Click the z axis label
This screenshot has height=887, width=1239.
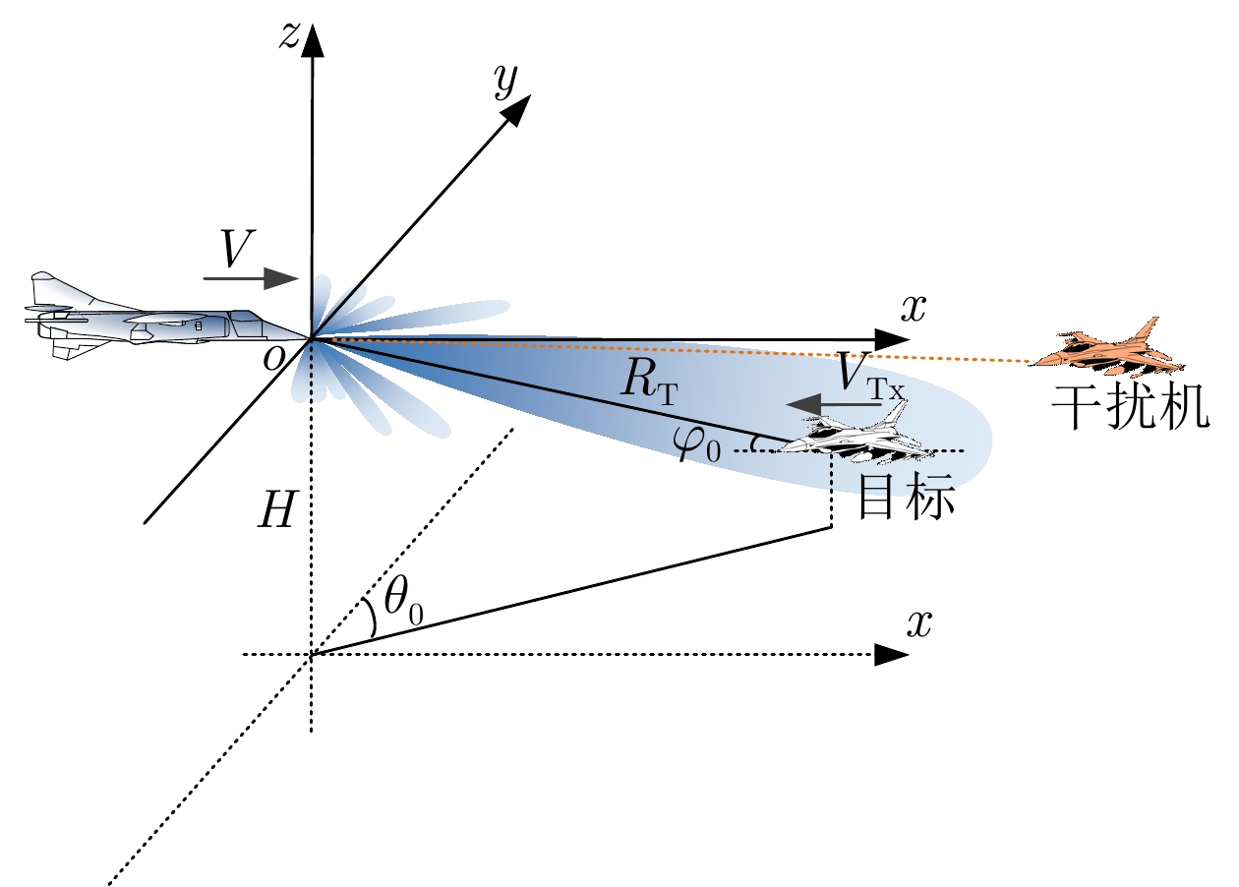[x=288, y=34]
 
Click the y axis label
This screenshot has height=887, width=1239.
[x=506, y=85]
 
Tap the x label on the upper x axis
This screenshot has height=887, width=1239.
[x=914, y=308]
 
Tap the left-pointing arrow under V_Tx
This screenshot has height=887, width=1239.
[x=825, y=403]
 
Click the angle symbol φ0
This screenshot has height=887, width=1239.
[x=698, y=447]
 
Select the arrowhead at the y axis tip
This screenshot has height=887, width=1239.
[x=520, y=107]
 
